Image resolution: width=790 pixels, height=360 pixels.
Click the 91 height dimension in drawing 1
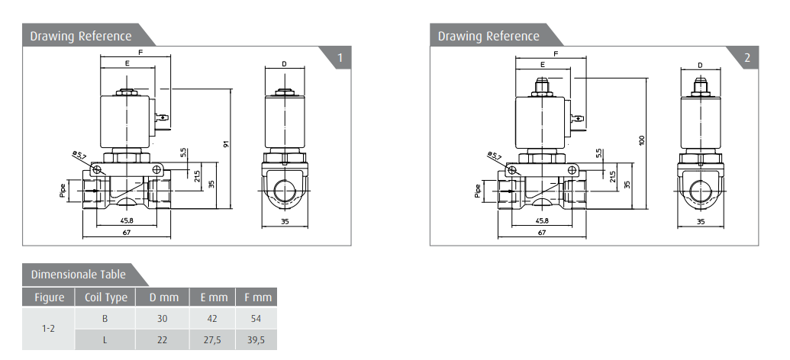[227, 143]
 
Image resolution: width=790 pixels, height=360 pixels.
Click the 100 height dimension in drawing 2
[642, 140]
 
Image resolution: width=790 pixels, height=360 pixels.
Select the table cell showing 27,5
[212, 340]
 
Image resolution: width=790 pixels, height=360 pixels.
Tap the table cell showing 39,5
[256, 340]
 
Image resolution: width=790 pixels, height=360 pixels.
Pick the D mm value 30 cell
[162, 319]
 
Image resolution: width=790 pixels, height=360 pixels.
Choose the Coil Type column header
[105, 297]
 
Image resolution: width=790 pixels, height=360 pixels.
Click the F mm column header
[257, 297]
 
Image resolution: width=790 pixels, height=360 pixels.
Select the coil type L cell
[105, 340]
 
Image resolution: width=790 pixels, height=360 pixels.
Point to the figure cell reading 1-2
[48, 329]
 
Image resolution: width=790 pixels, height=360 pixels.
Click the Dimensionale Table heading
[78, 275]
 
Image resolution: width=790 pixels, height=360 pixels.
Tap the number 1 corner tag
[340, 57]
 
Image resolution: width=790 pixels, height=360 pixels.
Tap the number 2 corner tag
[747, 57]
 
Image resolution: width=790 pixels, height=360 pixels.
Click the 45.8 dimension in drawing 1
[127, 220]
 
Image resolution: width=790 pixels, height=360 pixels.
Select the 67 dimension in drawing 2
[542, 233]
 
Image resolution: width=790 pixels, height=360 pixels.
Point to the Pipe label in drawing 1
[63, 191]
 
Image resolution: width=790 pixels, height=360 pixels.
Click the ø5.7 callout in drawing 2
[495, 156]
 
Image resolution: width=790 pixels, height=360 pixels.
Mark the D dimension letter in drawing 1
[284, 64]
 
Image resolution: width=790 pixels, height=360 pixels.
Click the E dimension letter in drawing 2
[542, 64]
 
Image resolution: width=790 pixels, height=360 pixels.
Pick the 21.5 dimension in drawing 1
[197, 175]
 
